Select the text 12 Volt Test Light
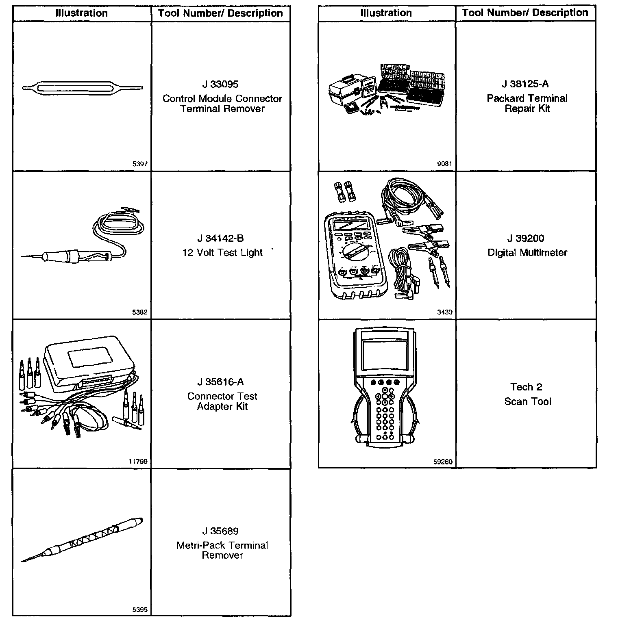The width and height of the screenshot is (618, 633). (x=222, y=252)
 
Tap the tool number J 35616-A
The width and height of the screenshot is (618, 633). (x=220, y=382)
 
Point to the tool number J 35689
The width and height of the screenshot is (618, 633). (x=220, y=531)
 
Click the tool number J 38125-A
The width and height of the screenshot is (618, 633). (x=525, y=84)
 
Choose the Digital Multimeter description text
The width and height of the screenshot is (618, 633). (x=527, y=252)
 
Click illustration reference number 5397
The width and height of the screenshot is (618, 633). (x=140, y=164)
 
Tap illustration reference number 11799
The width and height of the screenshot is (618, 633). (x=138, y=462)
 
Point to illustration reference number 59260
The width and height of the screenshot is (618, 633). (x=443, y=462)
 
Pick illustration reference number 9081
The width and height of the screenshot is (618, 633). (x=444, y=164)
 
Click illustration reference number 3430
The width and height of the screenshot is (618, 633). (x=444, y=312)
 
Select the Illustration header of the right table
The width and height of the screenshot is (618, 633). (x=386, y=13)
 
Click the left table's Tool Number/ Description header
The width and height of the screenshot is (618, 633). (x=220, y=13)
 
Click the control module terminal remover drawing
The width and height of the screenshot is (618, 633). (x=82, y=88)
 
